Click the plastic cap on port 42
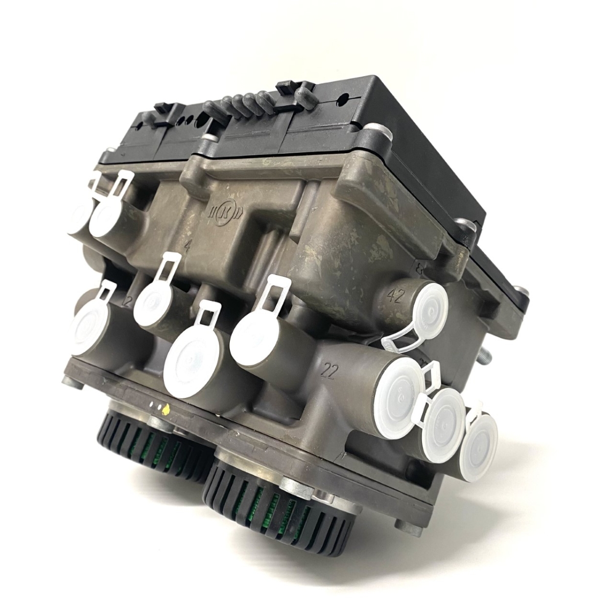tap(430, 309)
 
